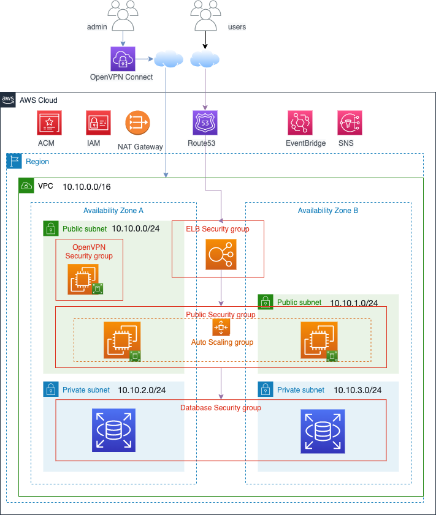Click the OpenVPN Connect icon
[123, 59]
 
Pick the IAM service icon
[98, 122]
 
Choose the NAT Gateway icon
[137, 122]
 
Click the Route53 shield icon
[205, 122]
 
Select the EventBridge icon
[300, 122]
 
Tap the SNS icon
[350, 122]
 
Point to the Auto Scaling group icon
[221, 327]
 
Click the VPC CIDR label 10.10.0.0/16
[86, 186]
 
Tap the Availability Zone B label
[328, 210]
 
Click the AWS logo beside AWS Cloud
[8, 99]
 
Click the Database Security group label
[221, 408]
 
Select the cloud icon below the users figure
[205, 59]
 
